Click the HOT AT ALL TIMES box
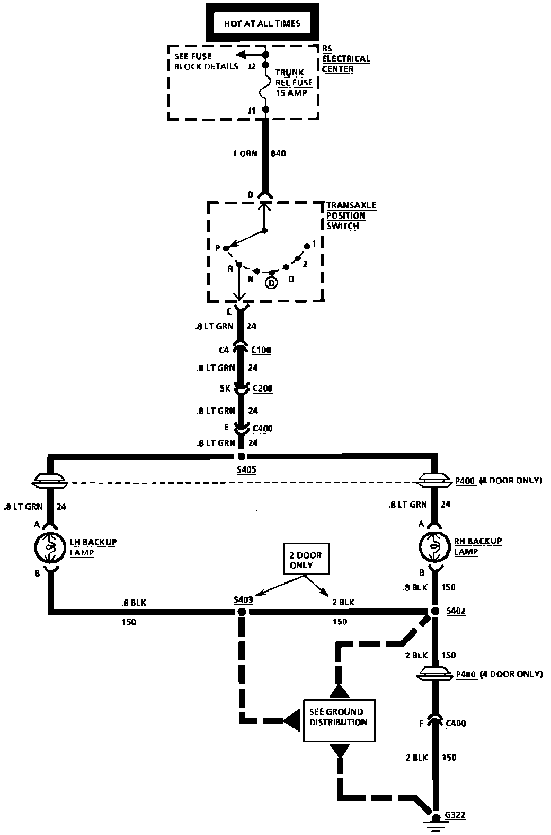click(262, 23)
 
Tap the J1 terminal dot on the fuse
click(266, 110)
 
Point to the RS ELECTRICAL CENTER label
click(346, 58)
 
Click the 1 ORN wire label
click(245, 154)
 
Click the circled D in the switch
click(271, 283)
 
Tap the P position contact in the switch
click(226, 248)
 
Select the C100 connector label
click(261, 350)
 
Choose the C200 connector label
click(262, 388)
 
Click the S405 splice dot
click(242, 456)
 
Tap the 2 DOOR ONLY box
click(306, 560)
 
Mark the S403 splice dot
click(242, 612)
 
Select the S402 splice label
click(456, 611)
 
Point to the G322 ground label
click(455, 815)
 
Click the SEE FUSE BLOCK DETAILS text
click(206, 62)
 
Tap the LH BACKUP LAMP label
click(93, 547)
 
